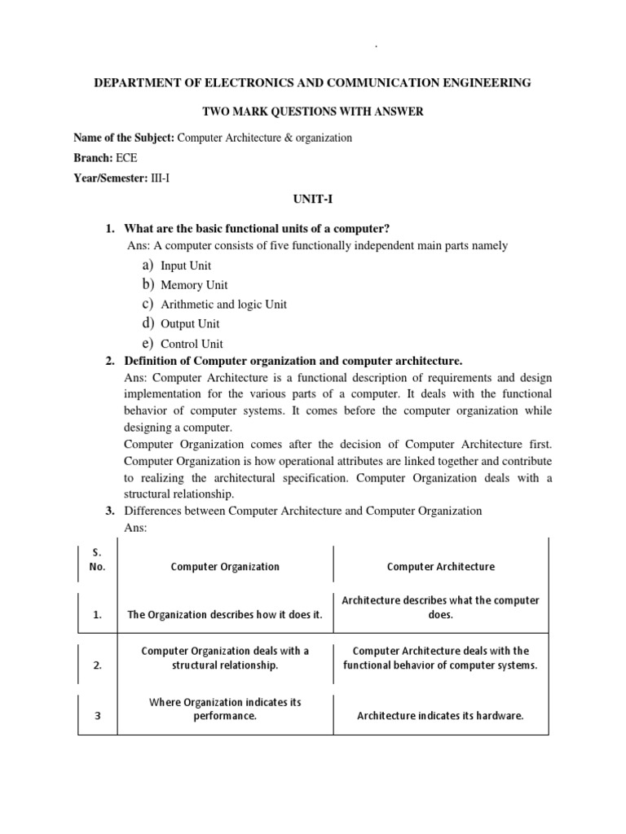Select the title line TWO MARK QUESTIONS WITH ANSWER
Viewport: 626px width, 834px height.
point(313,111)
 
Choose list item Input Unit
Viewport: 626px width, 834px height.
point(186,266)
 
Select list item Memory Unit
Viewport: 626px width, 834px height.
point(194,285)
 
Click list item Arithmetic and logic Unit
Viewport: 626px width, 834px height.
point(223,305)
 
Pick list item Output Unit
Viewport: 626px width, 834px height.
point(190,324)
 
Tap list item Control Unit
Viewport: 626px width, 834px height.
point(192,344)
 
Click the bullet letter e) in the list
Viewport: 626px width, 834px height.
point(148,343)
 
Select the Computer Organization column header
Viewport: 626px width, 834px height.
point(225,567)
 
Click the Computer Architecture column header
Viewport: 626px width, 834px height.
point(440,567)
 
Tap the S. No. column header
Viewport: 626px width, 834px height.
point(97,560)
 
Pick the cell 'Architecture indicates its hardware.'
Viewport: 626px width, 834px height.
point(440,717)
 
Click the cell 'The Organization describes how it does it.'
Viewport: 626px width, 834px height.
point(225,615)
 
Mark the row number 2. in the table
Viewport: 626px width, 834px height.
point(97,665)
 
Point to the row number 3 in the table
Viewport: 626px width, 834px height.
point(97,717)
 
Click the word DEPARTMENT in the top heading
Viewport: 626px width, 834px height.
point(134,83)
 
